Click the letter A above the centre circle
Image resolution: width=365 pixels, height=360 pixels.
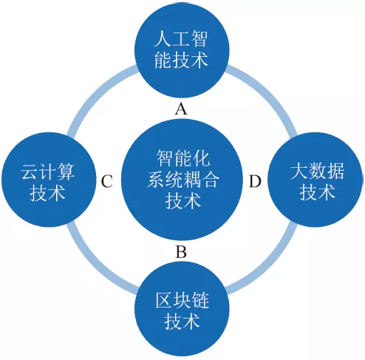pyautogui.click(x=181, y=109)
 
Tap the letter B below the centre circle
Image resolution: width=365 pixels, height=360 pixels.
pyautogui.click(x=181, y=251)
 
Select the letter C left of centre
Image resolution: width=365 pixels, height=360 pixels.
pyautogui.click(x=107, y=181)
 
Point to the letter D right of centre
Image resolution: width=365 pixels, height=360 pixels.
pyautogui.click(x=255, y=181)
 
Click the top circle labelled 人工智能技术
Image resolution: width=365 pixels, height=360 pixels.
pyautogui.click(x=182, y=50)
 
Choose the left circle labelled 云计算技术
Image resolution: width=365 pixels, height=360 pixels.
pyautogui.click(x=49, y=180)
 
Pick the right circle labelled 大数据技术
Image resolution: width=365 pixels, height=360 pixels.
pyautogui.click(x=315, y=180)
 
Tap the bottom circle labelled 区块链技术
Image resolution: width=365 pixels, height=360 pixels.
pyautogui.click(x=182, y=309)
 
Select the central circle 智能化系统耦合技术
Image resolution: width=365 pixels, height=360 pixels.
pyautogui.click(x=182, y=180)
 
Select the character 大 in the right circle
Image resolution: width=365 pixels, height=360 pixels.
pyautogui.click(x=299, y=171)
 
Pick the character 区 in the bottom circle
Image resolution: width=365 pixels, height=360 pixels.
pyautogui.click(x=164, y=300)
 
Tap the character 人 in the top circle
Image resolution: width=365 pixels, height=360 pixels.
pyautogui.click(x=163, y=38)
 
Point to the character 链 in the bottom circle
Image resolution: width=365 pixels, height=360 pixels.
pyautogui.click(x=200, y=300)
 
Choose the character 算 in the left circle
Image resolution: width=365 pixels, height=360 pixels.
pyautogui.click(x=66, y=171)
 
